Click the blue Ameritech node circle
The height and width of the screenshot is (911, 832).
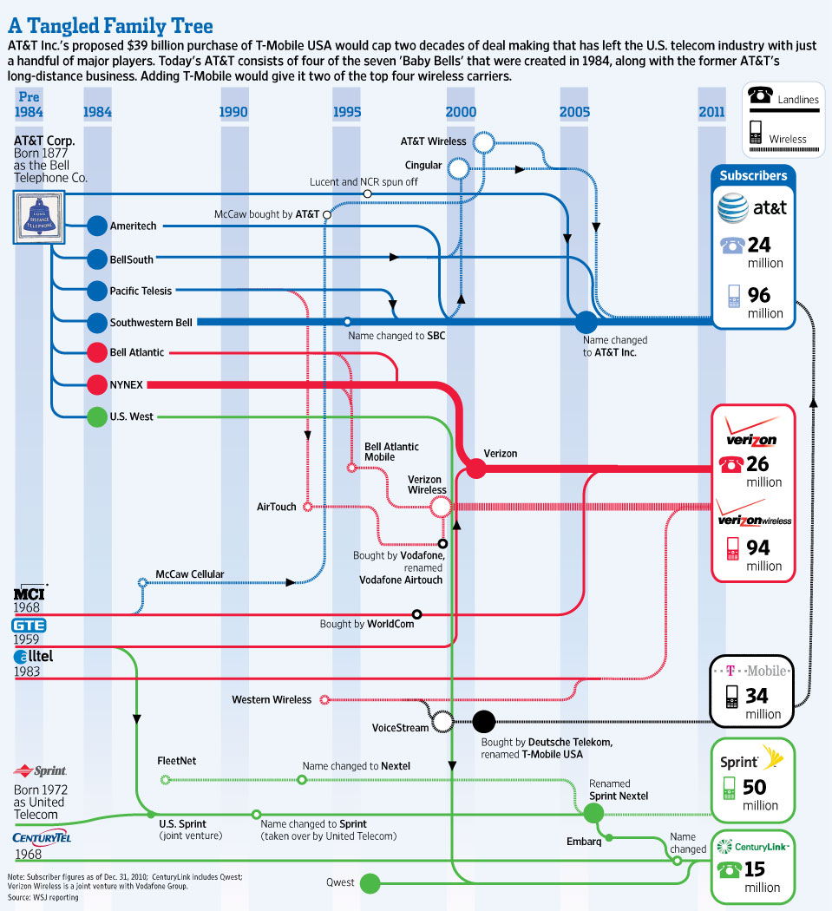(x=97, y=226)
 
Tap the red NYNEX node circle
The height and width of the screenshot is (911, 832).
(x=97, y=384)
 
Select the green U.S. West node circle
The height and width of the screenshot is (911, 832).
(x=97, y=416)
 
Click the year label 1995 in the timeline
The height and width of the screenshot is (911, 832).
(x=347, y=112)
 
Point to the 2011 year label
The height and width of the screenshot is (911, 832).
(x=711, y=112)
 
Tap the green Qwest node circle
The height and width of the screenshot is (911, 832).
(x=370, y=883)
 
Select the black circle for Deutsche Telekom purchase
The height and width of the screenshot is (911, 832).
(x=483, y=720)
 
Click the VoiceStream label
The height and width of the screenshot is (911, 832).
(x=400, y=727)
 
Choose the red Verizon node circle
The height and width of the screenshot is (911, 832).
(x=475, y=469)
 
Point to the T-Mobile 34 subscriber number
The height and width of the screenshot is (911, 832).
(x=757, y=696)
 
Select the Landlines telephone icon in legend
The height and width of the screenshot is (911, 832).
(x=762, y=96)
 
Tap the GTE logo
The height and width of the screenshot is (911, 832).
(x=29, y=626)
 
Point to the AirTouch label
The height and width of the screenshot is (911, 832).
(x=276, y=507)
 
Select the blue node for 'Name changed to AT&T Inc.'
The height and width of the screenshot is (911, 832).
(x=586, y=322)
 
